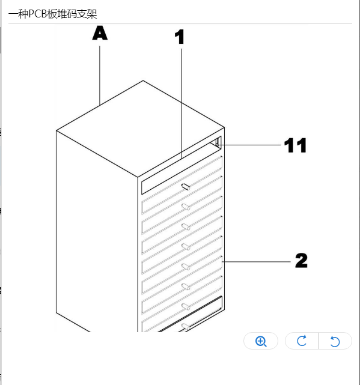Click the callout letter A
point(100,33)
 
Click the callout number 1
point(180,37)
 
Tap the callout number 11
point(295,145)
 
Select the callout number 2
point(301,261)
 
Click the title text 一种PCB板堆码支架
point(53,14)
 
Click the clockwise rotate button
point(302,341)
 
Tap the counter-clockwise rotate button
point(335,341)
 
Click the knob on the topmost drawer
point(186,187)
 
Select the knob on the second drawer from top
point(186,207)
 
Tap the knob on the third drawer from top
point(186,227)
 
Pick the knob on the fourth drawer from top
point(186,247)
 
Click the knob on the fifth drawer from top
point(186,267)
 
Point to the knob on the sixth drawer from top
point(186,286)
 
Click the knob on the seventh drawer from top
point(186,307)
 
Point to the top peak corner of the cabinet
point(143,80)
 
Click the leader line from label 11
point(249,145)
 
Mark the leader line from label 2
point(256,262)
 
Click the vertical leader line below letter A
point(100,76)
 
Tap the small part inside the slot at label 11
point(217,143)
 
